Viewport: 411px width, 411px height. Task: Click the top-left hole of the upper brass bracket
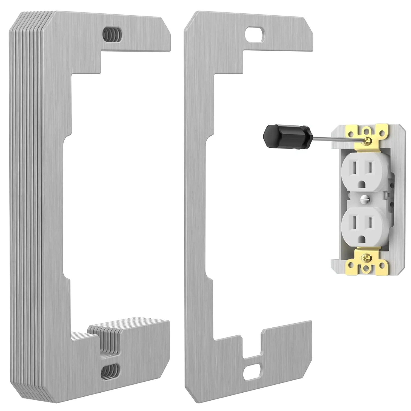point(350,129)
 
